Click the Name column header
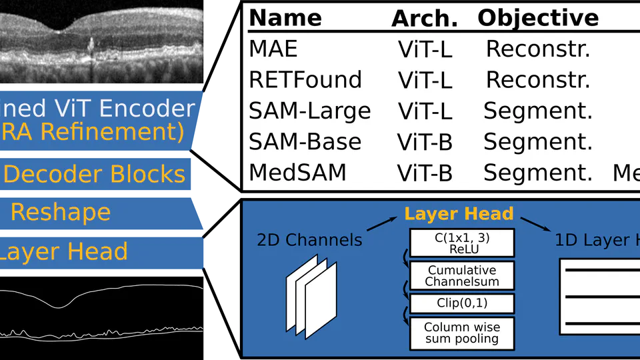pyautogui.click(x=285, y=18)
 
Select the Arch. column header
pyautogui.click(x=425, y=19)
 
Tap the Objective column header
pyautogui.click(x=538, y=18)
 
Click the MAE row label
pyautogui.click(x=273, y=49)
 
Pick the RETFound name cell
pyautogui.click(x=305, y=80)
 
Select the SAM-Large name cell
pyautogui.click(x=309, y=111)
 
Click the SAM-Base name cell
pyautogui.click(x=305, y=141)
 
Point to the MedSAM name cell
pyautogui.click(x=297, y=173)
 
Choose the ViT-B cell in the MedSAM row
pyautogui.click(x=425, y=173)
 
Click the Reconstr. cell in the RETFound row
pyautogui.click(x=538, y=80)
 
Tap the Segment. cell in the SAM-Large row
pyautogui.click(x=538, y=111)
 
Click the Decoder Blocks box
pyautogui.click(x=95, y=175)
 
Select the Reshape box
pyautogui.click(x=61, y=213)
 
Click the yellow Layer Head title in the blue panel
pyautogui.click(x=459, y=214)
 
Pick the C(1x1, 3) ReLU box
pyautogui.click(x=462, y=243)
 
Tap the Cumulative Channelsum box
pyautogui.click(x=462, y=275)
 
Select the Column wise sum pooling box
pyautogui.click(x=462, y=333)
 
